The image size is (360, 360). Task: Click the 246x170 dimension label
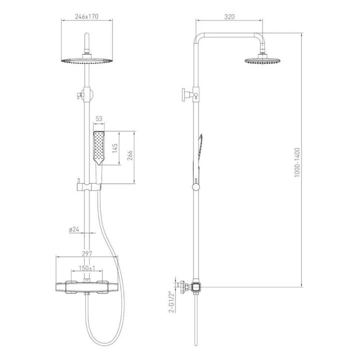(x=86, y=16)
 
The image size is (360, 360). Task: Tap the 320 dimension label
(x=229, y=16)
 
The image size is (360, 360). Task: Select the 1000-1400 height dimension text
(x=297, y=162)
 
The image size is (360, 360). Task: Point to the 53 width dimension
(x=98, y=118)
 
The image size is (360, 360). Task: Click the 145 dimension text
(x=115, y=148)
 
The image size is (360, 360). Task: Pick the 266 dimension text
(x=130, y=155)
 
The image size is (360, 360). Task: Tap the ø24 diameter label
(x=74, y=229)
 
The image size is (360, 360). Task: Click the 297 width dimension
(x=87, y=253)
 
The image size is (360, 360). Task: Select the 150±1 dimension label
(x=87, y=268)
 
